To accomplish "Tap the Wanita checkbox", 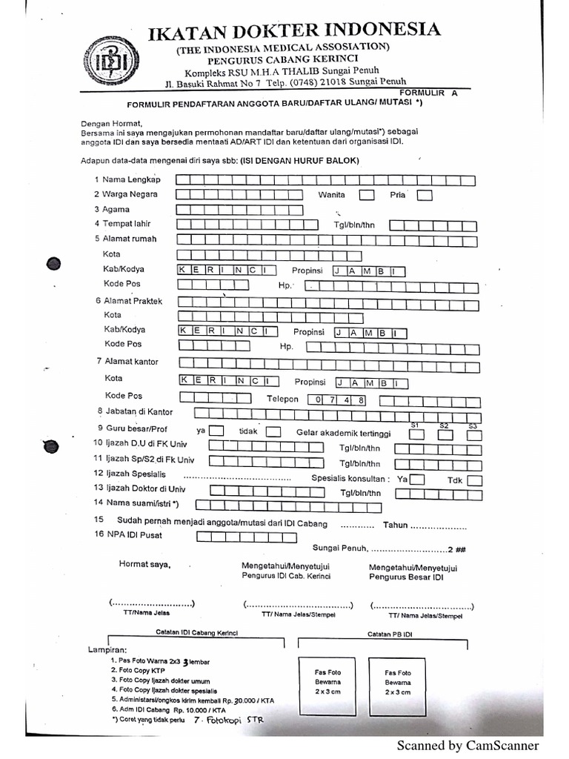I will pos(366,196).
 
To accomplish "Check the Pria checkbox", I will pos(424,196).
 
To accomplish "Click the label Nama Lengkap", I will pos(131,180).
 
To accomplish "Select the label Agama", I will pos(116,210).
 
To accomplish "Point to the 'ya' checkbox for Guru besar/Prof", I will pos(216,431).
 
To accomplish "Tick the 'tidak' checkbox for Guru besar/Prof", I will pos(273,431).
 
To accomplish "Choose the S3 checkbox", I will pos(473,435).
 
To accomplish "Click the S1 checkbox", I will pos(416,435).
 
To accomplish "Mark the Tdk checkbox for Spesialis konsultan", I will pos(474,480).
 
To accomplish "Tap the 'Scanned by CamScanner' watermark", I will pos(468,746).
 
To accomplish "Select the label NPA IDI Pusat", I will pos(133,534).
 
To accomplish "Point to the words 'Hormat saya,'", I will pos(144,565).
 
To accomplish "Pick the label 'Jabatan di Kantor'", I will pos(139,411).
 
